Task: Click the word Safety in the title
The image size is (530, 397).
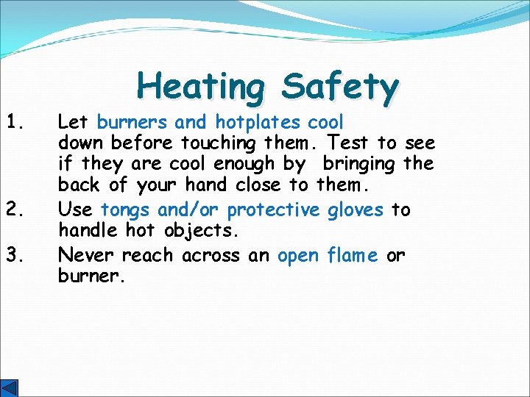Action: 339,87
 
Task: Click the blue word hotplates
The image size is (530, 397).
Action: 258,121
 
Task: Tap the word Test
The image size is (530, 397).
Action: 350,143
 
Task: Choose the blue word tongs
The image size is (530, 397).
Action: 127,210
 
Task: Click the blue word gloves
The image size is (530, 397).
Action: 356,210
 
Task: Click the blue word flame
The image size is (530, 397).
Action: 353,255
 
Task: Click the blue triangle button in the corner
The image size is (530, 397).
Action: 10,388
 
